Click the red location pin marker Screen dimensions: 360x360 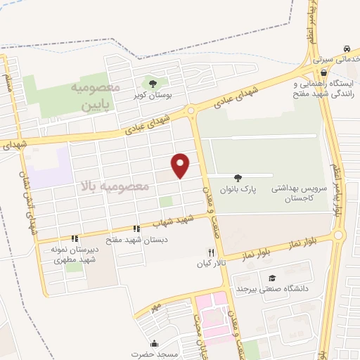181,165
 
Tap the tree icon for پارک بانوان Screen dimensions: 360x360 237,179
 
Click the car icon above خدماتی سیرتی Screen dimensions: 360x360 347,49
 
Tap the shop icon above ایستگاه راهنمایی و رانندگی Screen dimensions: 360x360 323,72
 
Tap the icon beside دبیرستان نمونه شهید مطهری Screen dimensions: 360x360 75,239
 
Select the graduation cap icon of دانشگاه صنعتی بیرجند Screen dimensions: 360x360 272,278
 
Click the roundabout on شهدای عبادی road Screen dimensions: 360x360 191,111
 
